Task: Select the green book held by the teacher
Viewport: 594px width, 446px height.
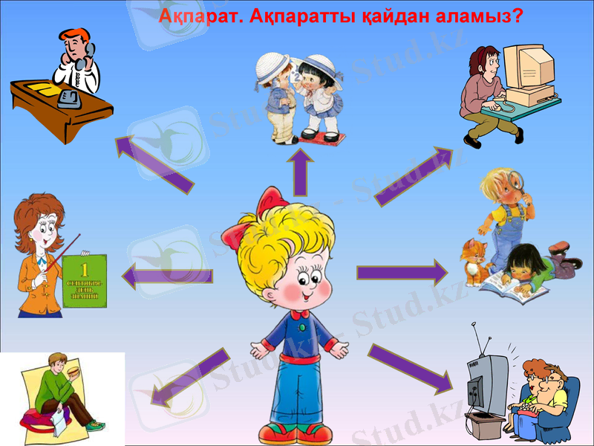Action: point(85,279)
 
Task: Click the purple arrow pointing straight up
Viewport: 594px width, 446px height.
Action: point(301,173)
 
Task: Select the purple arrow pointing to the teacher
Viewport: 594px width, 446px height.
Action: point(167,276)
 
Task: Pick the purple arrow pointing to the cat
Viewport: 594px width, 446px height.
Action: point(402,273)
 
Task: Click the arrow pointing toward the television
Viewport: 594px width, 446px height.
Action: point(411,367)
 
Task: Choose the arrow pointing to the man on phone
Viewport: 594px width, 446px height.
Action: point(154,164)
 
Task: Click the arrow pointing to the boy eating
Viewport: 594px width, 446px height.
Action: point(189,378)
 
